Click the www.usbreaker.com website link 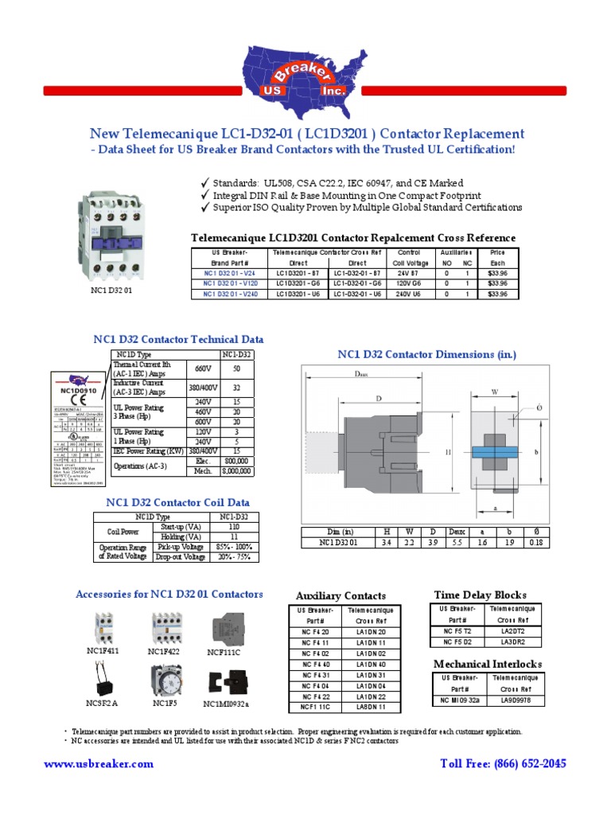tap(99, 763)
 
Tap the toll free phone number tap(503, 763)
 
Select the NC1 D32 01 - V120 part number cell tap(230, 283)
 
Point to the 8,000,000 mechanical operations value tap(235, 470)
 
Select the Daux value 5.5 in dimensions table tap(457, 543)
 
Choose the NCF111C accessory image tap(224, 629)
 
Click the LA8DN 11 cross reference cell tap(371, 706)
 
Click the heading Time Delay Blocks tap(480, 595)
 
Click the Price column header tap(497, 252)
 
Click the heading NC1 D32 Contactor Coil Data tap(177, 502)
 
